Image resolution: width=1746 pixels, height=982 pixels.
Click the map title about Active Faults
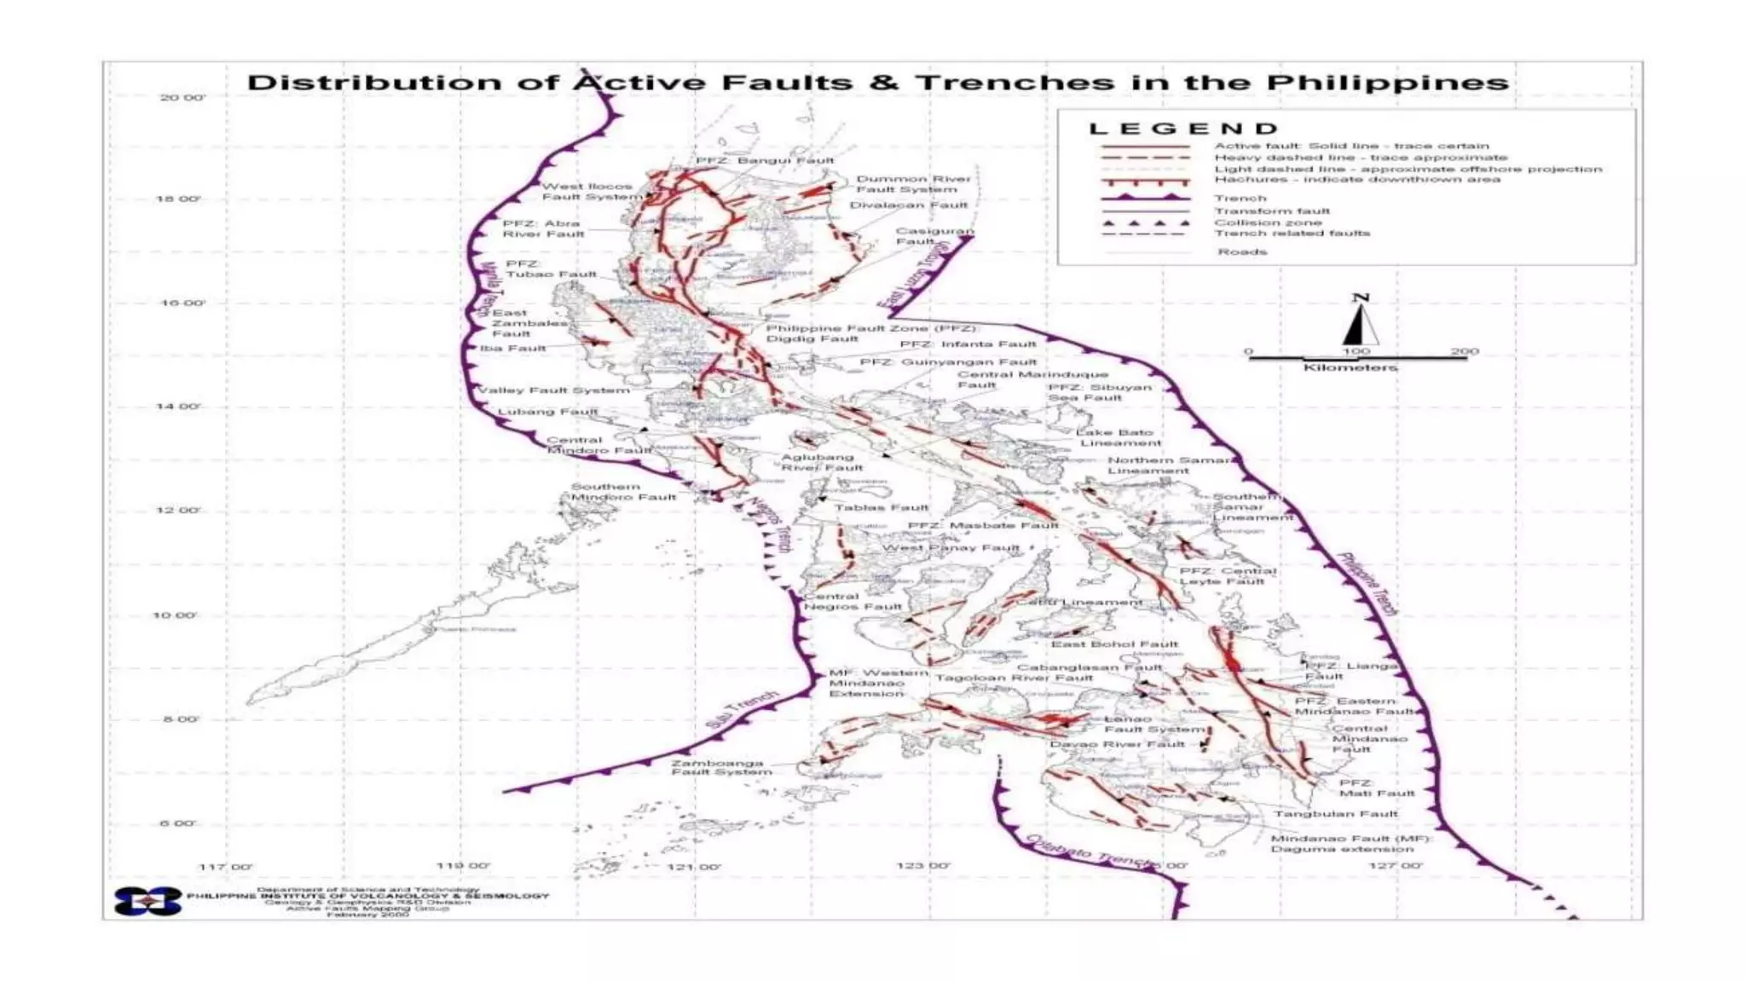pos(877,83)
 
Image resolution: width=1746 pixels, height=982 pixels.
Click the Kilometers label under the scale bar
pos(1350,367)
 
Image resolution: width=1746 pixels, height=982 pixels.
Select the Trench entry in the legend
pos(1240,198)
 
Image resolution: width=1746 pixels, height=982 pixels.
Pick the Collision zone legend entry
pos(1268,222)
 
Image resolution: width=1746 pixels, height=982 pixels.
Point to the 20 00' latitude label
pos(182,97)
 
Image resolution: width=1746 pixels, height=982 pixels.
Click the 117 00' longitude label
pos(225,866)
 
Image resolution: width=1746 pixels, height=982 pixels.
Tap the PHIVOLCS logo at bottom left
pos(148,901)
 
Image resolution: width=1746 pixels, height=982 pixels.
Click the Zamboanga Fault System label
pos(721,767)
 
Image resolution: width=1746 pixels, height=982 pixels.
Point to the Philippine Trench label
pos(1367,584)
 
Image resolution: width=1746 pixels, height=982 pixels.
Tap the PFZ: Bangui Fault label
pos(764,159)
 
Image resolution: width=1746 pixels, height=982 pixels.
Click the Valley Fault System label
pos(554,390)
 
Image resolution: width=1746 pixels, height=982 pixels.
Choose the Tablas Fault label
pos(881,507)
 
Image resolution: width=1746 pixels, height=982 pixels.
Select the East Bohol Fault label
pos(1114,644)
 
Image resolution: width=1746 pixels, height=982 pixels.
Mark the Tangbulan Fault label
pos(1335,813)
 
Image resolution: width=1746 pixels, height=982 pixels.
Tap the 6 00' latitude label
pos(177,823)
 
